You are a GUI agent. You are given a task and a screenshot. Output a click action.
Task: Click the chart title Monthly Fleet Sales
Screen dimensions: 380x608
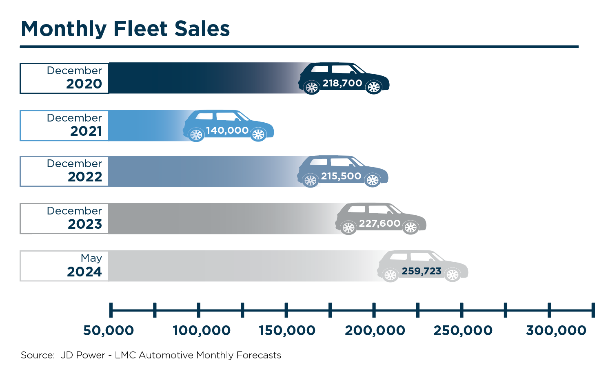(x=125, y=29)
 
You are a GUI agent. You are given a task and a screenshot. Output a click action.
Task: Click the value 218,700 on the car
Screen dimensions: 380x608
(x=342, y=83)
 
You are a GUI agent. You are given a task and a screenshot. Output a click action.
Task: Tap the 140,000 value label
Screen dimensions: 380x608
(x=227, y=130)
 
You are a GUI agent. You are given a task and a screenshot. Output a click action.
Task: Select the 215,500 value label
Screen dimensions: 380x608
(x=341, y=176)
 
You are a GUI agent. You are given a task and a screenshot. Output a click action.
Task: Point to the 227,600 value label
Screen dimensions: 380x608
(x=379, y=223)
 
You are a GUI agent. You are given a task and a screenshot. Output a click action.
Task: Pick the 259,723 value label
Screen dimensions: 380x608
(x=422, y=271)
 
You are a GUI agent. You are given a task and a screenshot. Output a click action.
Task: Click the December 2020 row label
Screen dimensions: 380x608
(x=75, y=77)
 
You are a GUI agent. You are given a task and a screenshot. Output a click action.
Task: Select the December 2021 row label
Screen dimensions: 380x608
(x=75, y=125)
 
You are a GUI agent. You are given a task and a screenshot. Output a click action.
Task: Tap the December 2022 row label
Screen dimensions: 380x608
(x=75, y=170)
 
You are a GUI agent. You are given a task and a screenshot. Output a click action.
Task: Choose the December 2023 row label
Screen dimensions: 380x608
(x=75, y=218)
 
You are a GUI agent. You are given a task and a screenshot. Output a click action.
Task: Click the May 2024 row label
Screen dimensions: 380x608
(x=85, y=265)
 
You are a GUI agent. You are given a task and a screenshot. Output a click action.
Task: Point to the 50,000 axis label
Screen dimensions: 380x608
(x=109, y=330)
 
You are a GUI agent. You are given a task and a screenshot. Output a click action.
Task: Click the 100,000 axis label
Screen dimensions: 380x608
(x=202, y=330)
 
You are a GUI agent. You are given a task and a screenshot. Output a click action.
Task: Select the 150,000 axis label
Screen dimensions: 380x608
(x=287, y=330)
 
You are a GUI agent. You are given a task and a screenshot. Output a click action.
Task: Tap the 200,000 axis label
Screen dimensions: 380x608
(x=375, y=330)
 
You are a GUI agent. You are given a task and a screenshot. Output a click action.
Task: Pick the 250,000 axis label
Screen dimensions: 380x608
(x=463, y=330)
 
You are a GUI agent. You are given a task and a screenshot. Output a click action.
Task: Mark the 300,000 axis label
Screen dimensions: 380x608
(x=556, y=330)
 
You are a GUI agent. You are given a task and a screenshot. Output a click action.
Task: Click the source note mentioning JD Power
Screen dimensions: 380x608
(x=151, y=355)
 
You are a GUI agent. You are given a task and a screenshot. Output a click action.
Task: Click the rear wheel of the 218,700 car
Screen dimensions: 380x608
(x=312, y=87)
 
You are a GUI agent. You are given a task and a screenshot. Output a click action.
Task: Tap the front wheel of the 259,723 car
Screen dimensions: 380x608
(x=453, y=275)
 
